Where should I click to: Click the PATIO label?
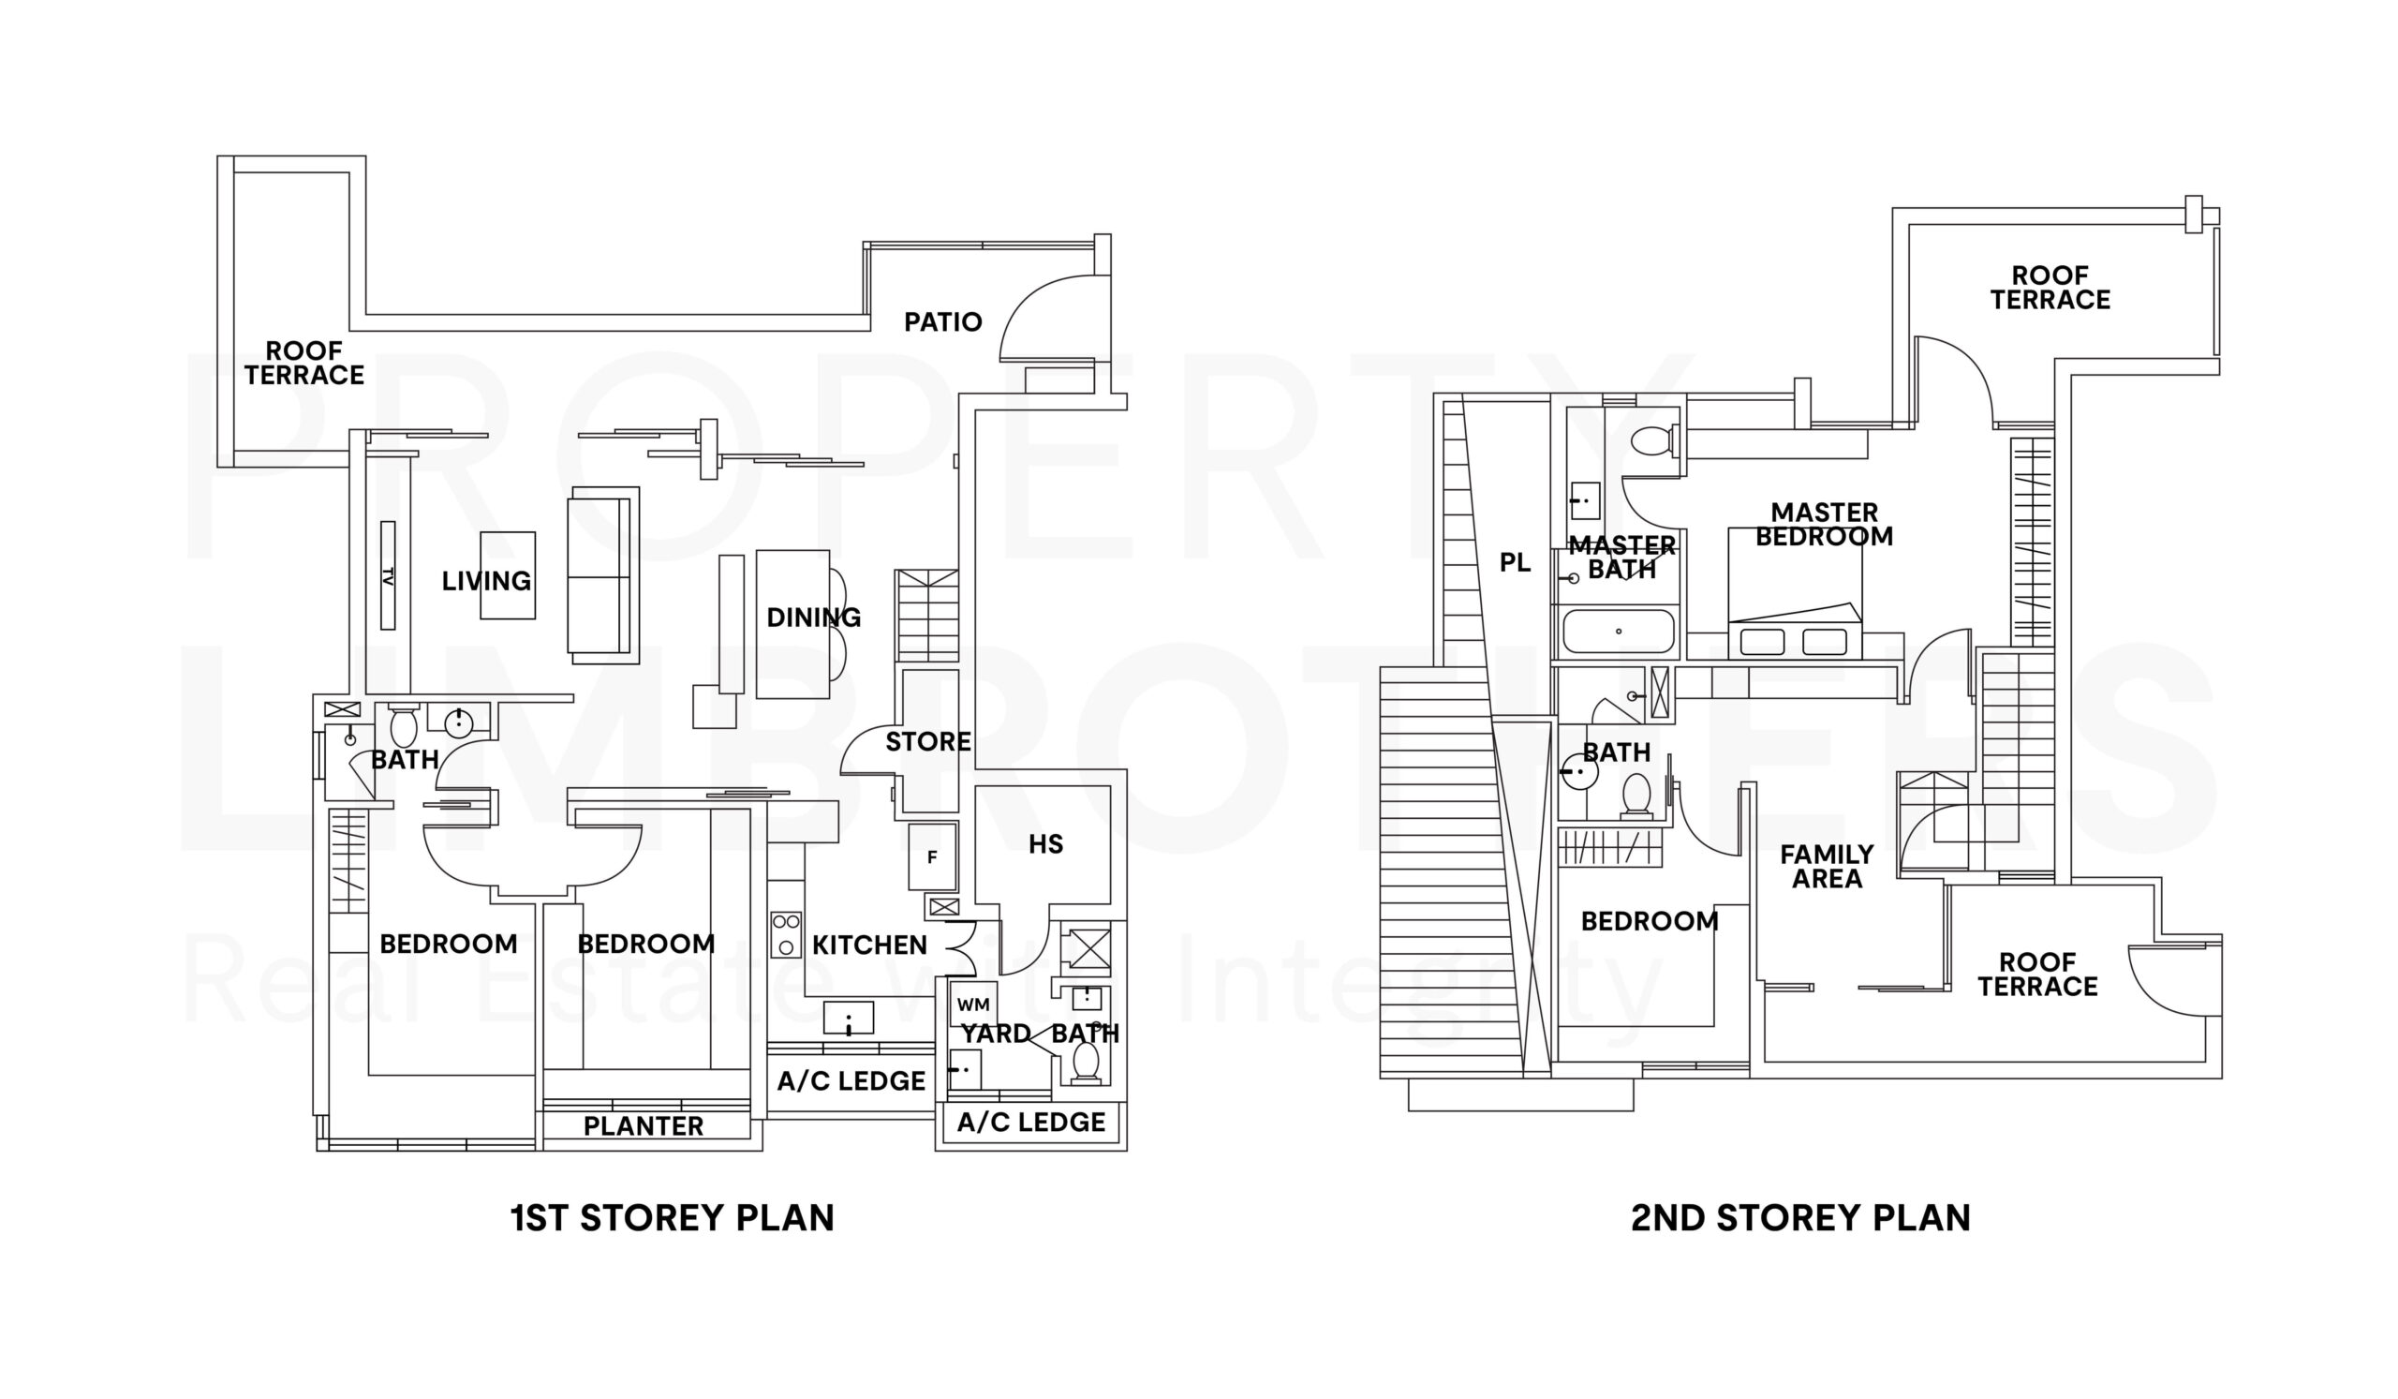coord(942,321)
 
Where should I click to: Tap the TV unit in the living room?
coord(387,574)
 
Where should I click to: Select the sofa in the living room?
coord(602,574)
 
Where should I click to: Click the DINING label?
coord(813,618)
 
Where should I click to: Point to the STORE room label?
coord(927,741)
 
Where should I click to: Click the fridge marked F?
coord(932,856)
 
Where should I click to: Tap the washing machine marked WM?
coord(972,1005)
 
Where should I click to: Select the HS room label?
coord(1044,844)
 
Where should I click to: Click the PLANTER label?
coord(644,1126)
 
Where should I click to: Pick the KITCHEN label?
coord(868,945)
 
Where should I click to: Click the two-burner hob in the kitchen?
coord(786,934)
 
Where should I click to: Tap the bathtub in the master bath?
coord(1618,631)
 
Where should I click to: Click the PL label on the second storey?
coord(1515,562)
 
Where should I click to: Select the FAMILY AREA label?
coord(1826,866)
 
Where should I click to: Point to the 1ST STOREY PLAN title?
coord(672,1218)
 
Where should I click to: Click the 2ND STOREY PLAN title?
coord(1799,1218)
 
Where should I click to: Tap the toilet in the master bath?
coord(1653,440)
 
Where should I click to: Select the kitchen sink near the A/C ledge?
coord(848,1018)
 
